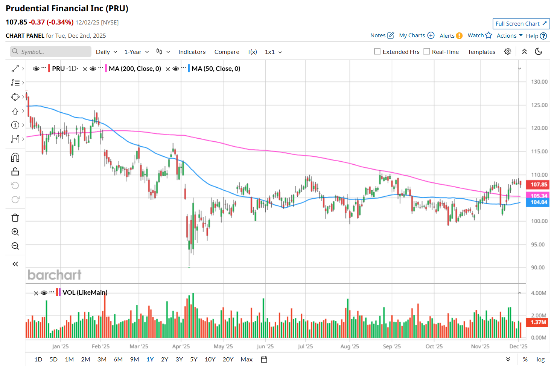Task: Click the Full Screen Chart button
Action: (x=521, y=24)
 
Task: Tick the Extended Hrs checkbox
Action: (x=377, y=52)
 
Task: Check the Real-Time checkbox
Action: (x=427, y=52)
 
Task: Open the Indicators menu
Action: (x=192, y=52)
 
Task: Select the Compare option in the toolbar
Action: (x=227, y=52)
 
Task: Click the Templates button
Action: (x=481, y=52)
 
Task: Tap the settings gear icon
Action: (x=508, y=52)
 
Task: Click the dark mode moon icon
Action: (x=539, y=52)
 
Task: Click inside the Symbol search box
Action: (x=51, y=52)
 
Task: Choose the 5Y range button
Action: (x=194, y=360)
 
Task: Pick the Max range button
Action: (x=247, y=360)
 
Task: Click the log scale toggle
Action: (x=540, y=360)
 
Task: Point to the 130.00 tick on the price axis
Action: (x=539, y=82)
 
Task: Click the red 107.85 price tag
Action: (x=539, y=185)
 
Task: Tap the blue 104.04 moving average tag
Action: (x=539, y=202)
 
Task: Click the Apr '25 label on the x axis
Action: (x=181, y=346)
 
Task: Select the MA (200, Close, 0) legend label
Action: (x=135, y=69)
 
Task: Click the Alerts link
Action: (x=447, y=36)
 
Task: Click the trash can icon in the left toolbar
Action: (x=15, y=218)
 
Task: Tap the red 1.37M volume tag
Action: (x=538, y=322)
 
